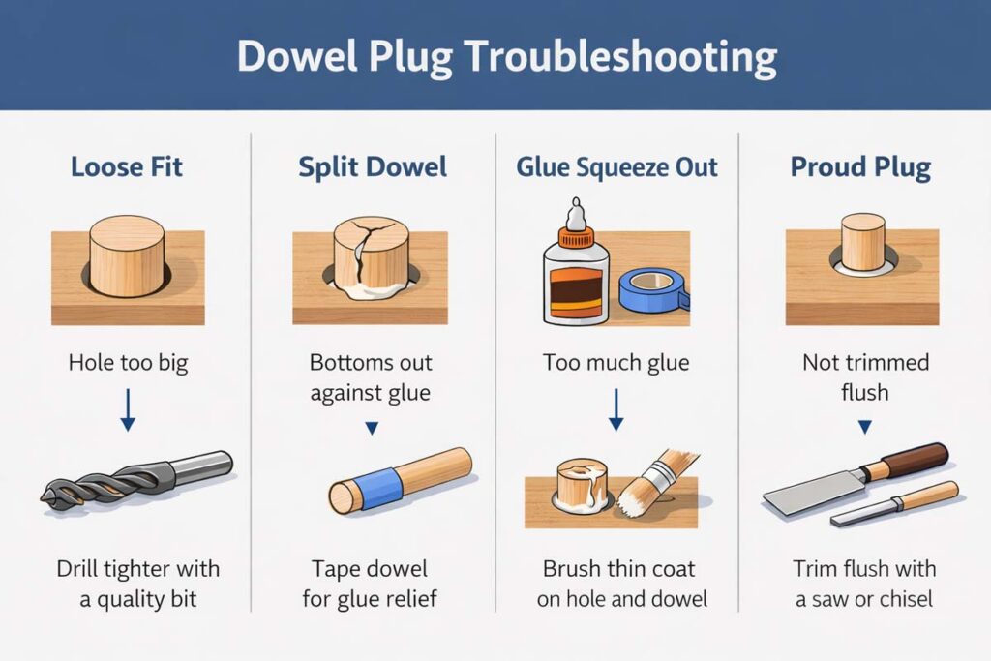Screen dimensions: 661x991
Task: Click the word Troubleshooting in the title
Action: coord(618,56)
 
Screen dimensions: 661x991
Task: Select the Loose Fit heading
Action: coord(127,166)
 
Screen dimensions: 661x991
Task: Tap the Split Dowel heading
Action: coord(373,166)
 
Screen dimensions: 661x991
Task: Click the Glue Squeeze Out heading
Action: coord(616,166)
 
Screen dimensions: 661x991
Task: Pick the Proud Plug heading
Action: coord(860,166)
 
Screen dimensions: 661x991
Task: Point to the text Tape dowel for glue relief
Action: coord(371,584)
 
